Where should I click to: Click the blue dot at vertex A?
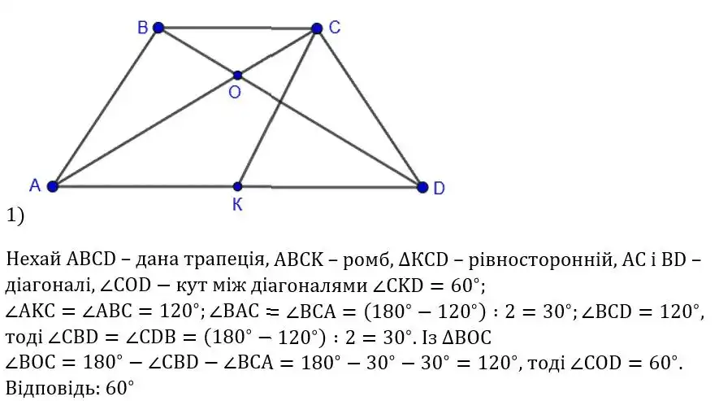click(53, 186)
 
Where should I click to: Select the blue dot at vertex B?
click(158, 28)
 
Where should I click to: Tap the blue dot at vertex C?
click(317, 28)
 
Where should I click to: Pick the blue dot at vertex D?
click(422, 187)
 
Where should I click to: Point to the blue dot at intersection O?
click(237, 75)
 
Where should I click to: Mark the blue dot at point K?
click(237, 186)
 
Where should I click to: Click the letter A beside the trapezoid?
click(35, 185)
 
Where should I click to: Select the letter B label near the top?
click(142, 28)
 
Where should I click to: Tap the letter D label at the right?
click(439, 188)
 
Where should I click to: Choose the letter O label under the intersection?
click(234, 92)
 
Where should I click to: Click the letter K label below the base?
click(237, 205)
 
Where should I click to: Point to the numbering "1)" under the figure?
click(15, 216)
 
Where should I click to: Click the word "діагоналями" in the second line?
click(310, 286)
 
